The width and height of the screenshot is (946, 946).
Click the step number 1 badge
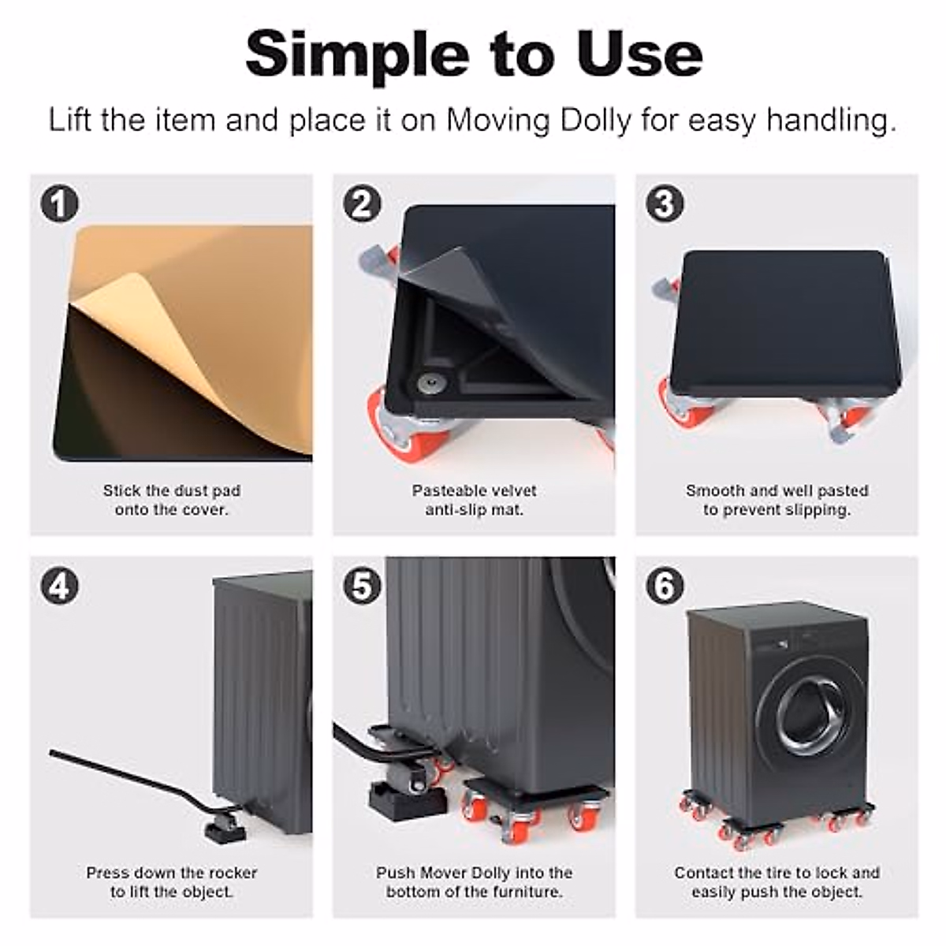click(x=59, y=203)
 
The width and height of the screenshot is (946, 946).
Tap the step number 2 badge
click(x=363, y=203)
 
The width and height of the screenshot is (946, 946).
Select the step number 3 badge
click(x=665, y=203)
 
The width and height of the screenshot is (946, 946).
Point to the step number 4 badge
click(x=59, y=585)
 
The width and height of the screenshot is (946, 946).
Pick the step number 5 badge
click(x=363, y=585)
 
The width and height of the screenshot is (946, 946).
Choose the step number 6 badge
click(x=665, y=585)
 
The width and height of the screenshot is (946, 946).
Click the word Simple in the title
click(x=357, y=55)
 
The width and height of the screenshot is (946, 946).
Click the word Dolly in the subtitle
click(x=595, y=120)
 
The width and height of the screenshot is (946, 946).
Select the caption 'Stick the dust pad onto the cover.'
click(x=172, y=500)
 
